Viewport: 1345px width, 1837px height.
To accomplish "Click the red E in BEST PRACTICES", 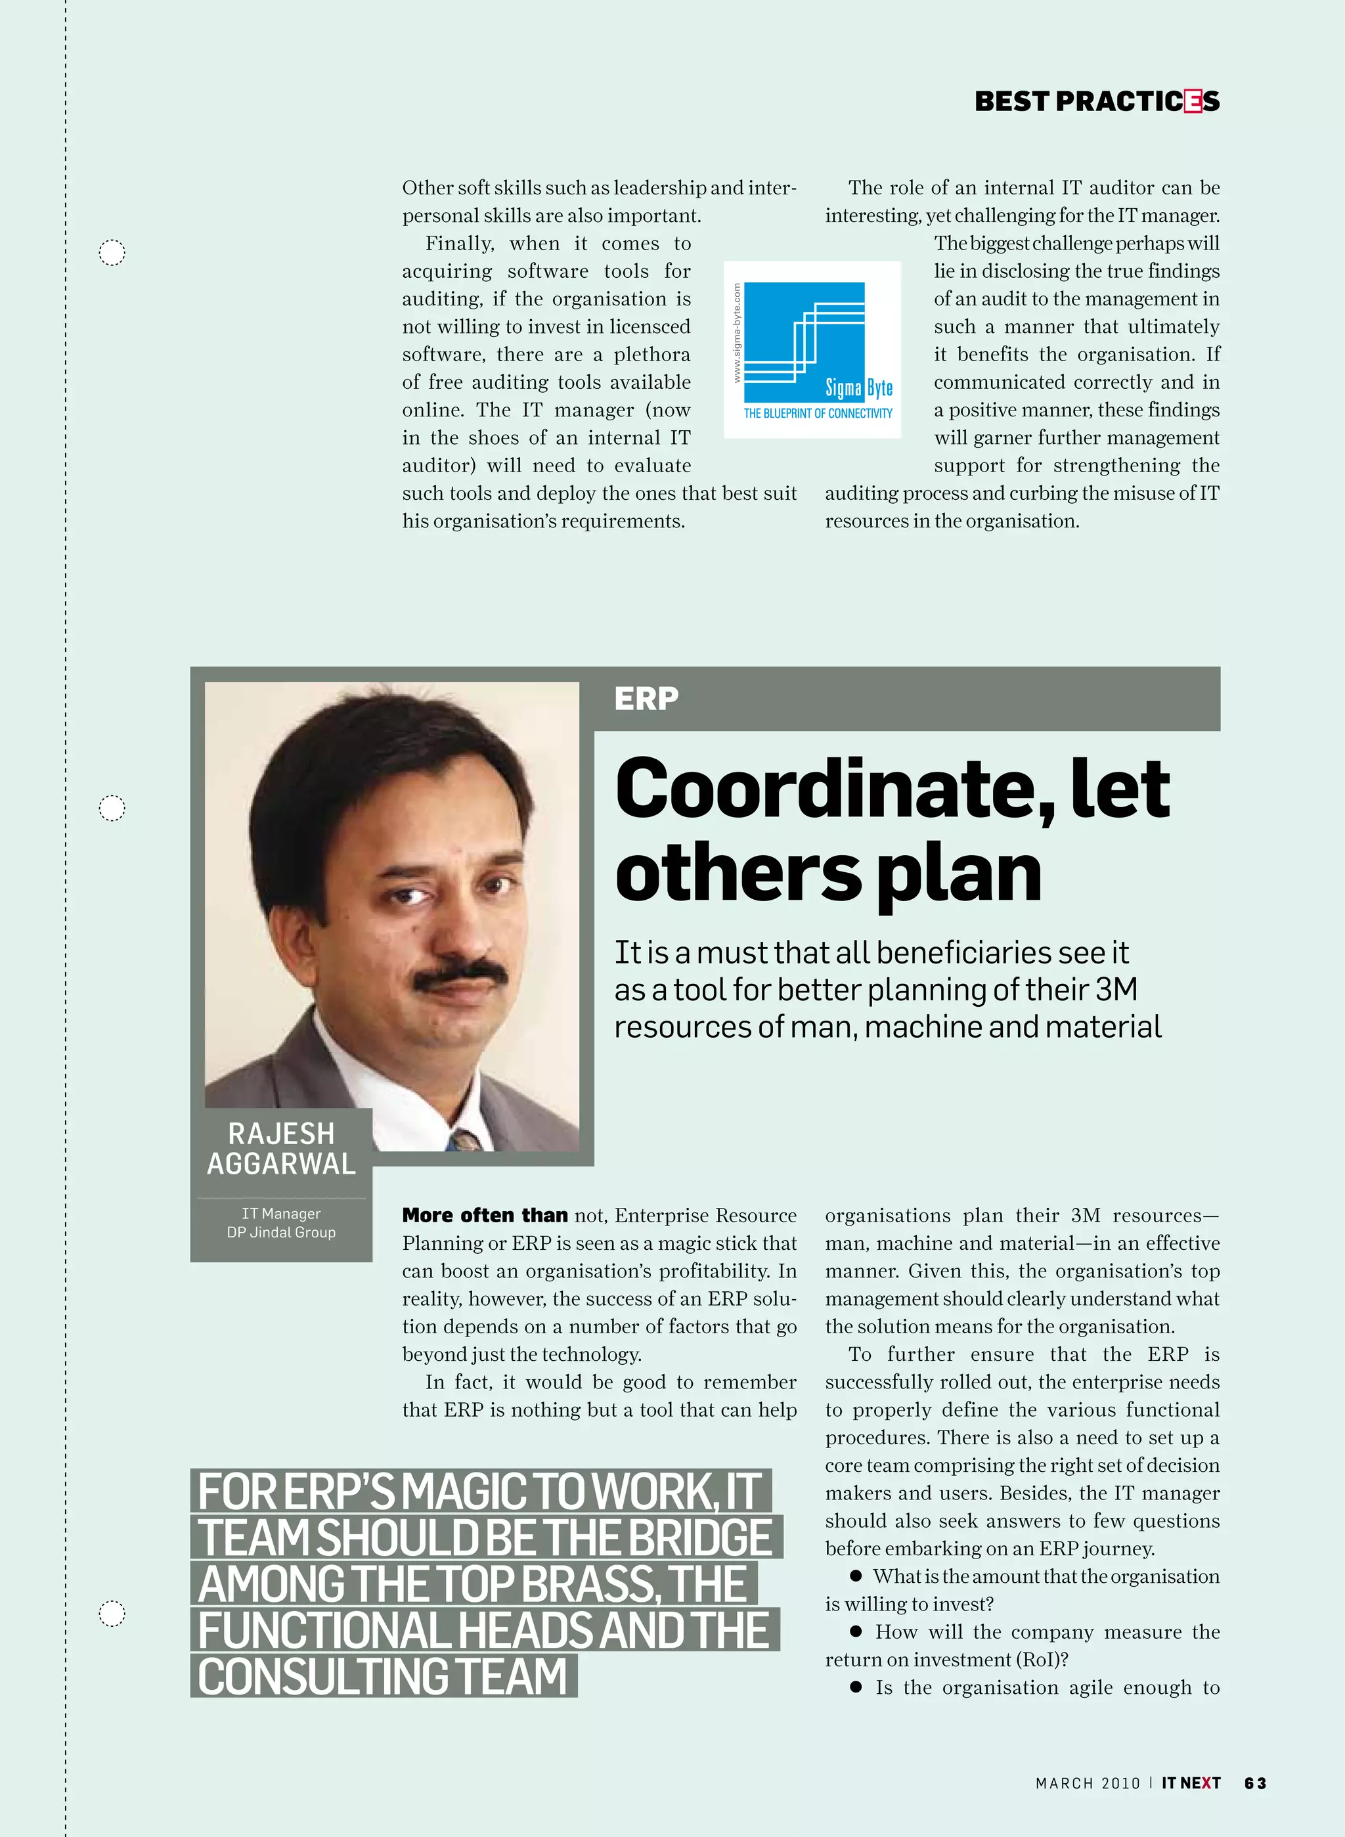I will (x=1193, y=102).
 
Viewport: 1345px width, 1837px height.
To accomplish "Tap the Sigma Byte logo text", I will (x=859, y=387).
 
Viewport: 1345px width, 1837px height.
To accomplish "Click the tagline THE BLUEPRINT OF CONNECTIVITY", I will (x=818, y=414).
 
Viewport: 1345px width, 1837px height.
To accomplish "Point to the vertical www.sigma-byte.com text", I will (x=737, y=333).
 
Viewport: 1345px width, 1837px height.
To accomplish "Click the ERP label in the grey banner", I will (x=646, y=699).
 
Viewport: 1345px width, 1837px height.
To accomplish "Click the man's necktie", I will (x=466, y=1140).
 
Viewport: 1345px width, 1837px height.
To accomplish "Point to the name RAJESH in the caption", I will (x=281, y=1134).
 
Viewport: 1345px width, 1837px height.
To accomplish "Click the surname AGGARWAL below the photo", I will (x=281, y=1164).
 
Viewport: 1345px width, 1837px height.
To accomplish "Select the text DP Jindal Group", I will (x=281, y=1233).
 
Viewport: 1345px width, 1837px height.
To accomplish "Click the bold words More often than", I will (x=485, y=1215).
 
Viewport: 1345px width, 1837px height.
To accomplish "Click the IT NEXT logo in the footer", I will (x=1190, y=1783).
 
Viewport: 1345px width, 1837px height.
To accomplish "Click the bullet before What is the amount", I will (x=856, y=1576).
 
